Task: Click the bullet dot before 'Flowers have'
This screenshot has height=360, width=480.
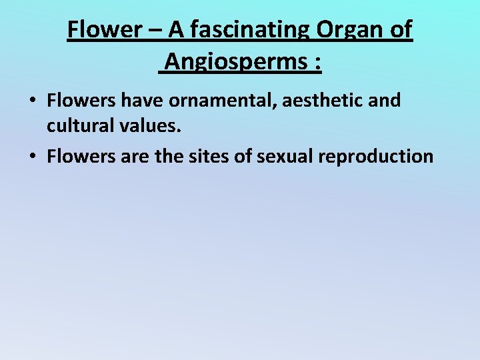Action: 32,101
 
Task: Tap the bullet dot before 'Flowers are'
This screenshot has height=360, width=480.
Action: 32,157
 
